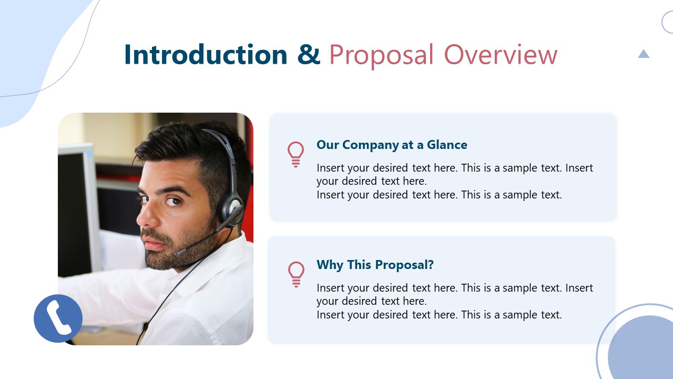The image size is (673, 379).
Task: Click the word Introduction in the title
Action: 206,55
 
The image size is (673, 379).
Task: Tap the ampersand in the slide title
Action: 309,55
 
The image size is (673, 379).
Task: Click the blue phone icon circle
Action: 58,318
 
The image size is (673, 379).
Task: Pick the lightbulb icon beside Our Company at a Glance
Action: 295,154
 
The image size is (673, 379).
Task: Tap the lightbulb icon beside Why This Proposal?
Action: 296,274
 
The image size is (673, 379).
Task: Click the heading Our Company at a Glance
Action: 392,145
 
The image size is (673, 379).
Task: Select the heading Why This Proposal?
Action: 375,265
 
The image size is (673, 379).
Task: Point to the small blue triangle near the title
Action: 644,54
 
